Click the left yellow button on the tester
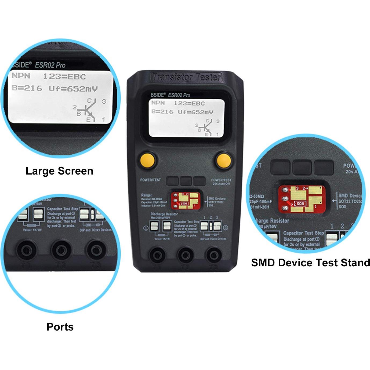click(147, 160)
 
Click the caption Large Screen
click(59, 171)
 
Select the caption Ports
click(60, 327)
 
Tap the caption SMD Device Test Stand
click(310, 263)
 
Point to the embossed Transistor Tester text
click(186, 77)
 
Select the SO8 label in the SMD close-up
click(300, 204)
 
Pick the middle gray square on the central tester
click(186, 181)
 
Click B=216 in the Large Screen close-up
click(27, 88)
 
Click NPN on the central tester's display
click(158, 103)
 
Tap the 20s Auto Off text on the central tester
click(221, 184)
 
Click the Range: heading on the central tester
click(146, 195)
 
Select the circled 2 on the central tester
click(226, 228)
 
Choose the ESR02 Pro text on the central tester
click(179, 95)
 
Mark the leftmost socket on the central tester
click(157, 254)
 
